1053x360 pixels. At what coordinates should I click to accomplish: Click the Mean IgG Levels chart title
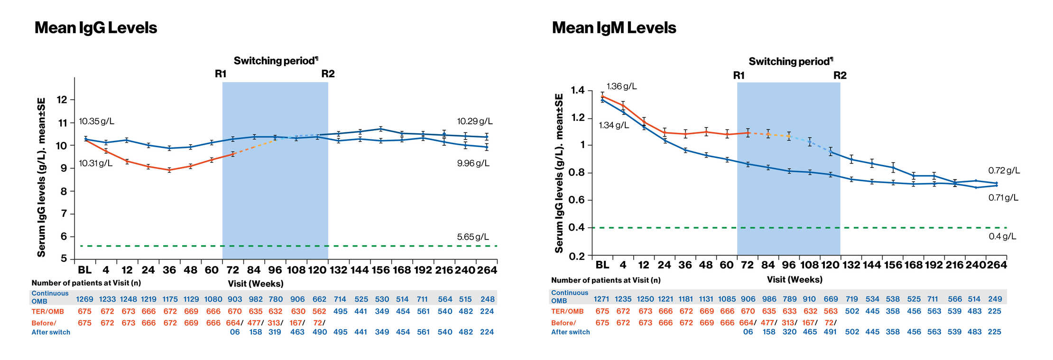tap(95, 28)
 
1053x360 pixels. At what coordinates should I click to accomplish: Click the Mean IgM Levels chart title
tap(614, 28)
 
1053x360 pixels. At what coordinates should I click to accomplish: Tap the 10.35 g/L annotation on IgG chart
tap(96, 121)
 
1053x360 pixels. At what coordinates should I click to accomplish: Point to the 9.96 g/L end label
tap(473, 163)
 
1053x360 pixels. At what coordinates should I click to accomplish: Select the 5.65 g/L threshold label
tap(472, 237)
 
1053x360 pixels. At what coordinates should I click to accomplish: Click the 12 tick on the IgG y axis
tap(62, 100)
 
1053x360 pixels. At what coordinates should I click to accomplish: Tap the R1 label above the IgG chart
tap(221, 74)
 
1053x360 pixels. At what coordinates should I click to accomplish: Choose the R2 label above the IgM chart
tap(840, 75)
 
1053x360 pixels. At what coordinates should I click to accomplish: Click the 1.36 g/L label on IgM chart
tap(621, 86)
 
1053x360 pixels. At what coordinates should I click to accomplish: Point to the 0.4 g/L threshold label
tap(1002, 236)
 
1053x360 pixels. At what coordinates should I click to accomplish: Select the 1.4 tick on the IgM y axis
tap(578, 90)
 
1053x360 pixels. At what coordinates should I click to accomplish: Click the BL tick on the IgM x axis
tap(602, 265)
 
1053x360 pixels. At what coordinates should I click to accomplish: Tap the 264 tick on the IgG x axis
tap(487, 270)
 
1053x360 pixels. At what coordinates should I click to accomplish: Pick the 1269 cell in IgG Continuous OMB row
tap(85, 299)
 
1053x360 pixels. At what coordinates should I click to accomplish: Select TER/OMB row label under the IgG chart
tap(47, 312)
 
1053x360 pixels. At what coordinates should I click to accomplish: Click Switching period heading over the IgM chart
tap(790, 62)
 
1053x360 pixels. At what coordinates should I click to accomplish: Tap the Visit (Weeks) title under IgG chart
tap(256, 284)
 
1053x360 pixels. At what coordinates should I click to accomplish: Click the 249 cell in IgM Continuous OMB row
tap(995, 299)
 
